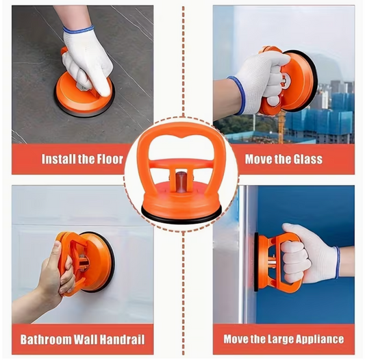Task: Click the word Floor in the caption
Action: click(x=110, y=159)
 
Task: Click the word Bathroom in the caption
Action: click(x=46, y=339)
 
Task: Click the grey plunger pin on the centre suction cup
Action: click(x=181, y=182)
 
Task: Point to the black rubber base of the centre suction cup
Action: click(x=181, y=218)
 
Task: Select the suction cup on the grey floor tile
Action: click(x=84, y=95)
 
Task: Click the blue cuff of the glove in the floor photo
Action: click(x=79, y=30)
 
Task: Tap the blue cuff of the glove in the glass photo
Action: click(x=238, y=95)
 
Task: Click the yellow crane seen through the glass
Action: click(x=281, y=126)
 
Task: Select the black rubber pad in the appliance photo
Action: click(x=256, y=262)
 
